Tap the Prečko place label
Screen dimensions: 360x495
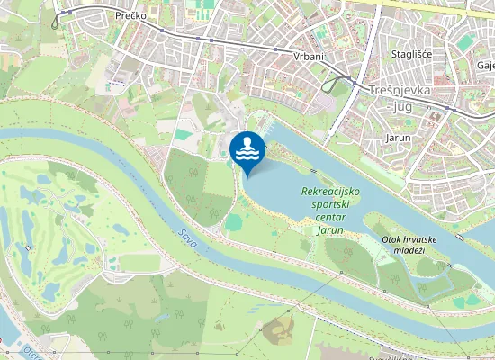[x=130, y=16]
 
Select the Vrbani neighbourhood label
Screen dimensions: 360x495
[x=309, y=56]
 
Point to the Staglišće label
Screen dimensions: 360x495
[x=412, y=55]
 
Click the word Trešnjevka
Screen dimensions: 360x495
[x=400, y=91]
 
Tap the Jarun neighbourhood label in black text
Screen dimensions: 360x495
[x=398, y=139]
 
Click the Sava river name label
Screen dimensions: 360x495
[x=186, y=238]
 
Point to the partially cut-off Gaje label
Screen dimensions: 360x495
[x=486, y=66]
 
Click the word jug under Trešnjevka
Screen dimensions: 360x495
[x=400, y=106]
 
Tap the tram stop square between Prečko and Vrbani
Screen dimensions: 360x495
[x=209, y=39]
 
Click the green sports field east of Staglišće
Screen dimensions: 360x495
[x=464, y=42]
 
